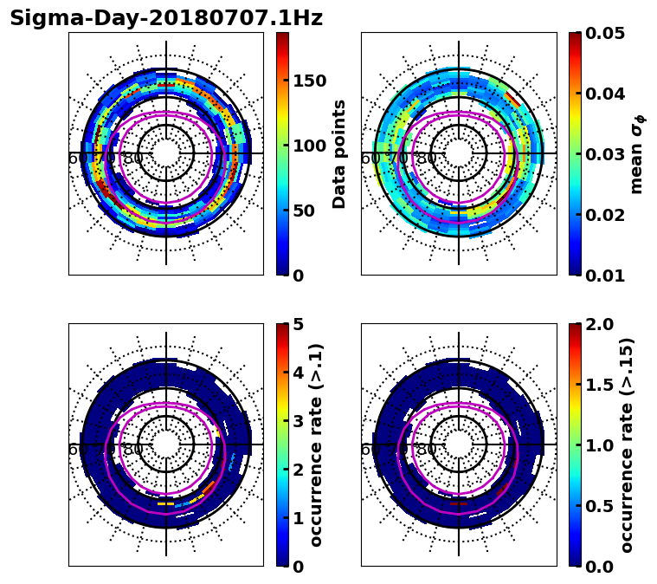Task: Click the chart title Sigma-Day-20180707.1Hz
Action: click(166, 19)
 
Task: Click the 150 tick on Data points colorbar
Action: click(309, 81)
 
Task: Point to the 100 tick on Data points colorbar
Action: click(309, 146)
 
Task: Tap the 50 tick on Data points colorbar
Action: click(304, 211)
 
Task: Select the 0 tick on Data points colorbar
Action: click(299, 276)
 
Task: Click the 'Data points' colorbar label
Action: click(339, 153)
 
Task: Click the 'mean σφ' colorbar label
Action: click(637, 153)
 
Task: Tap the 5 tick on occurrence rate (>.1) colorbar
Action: click(299, 324)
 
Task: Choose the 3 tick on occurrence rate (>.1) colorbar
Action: click(299, 421)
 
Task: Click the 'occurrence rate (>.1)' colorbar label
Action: click(317, 444)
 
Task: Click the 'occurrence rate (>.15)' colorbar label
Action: click(627, 444)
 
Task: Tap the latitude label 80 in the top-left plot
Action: click(133, 159)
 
